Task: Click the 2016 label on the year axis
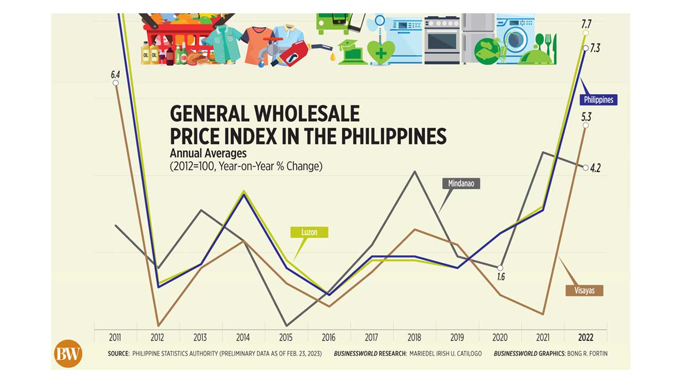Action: (x=329, y=337)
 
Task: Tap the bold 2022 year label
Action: (x=585, y=337)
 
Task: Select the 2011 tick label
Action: (x=115, y=337)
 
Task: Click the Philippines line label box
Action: (x=598, y=99)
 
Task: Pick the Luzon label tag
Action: (x=309, y=232)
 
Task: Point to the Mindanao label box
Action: (x=461, y=184)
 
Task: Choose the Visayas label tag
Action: (x=584, y=290)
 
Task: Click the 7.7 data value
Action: (x=588, y=23)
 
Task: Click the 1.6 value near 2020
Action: (x=501, y=277)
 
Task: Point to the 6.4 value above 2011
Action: (x=116, y=75)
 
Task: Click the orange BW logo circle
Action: (x=68, y=353)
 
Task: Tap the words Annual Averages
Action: (x=208, y=153)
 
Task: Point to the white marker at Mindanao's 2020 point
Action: (x=500, y=268)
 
